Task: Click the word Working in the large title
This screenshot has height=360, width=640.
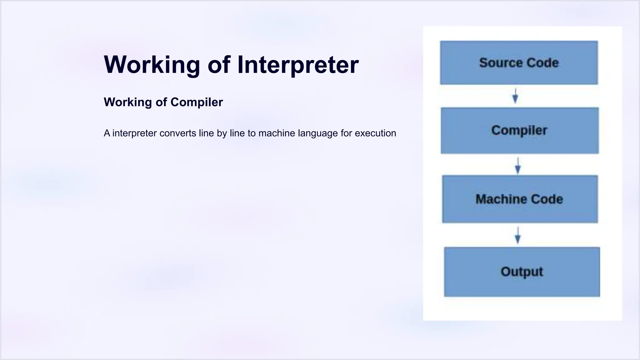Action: (x=152, y=65)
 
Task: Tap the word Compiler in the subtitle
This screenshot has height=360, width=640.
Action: (x=197, y=102)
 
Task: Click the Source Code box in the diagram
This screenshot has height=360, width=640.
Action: (x=519, y=62)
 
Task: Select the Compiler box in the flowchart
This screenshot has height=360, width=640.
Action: (x=519, y=130)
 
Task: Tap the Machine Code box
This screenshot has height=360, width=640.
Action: (x=520, y=199)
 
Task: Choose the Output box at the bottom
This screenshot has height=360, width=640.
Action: (x=522, y=272)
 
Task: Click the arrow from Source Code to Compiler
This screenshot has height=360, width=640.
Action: (x=515, y=96)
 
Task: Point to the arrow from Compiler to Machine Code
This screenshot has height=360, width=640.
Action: (x=517, y=165)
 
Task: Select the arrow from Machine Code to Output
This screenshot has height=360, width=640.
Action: (x=517, y=235)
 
